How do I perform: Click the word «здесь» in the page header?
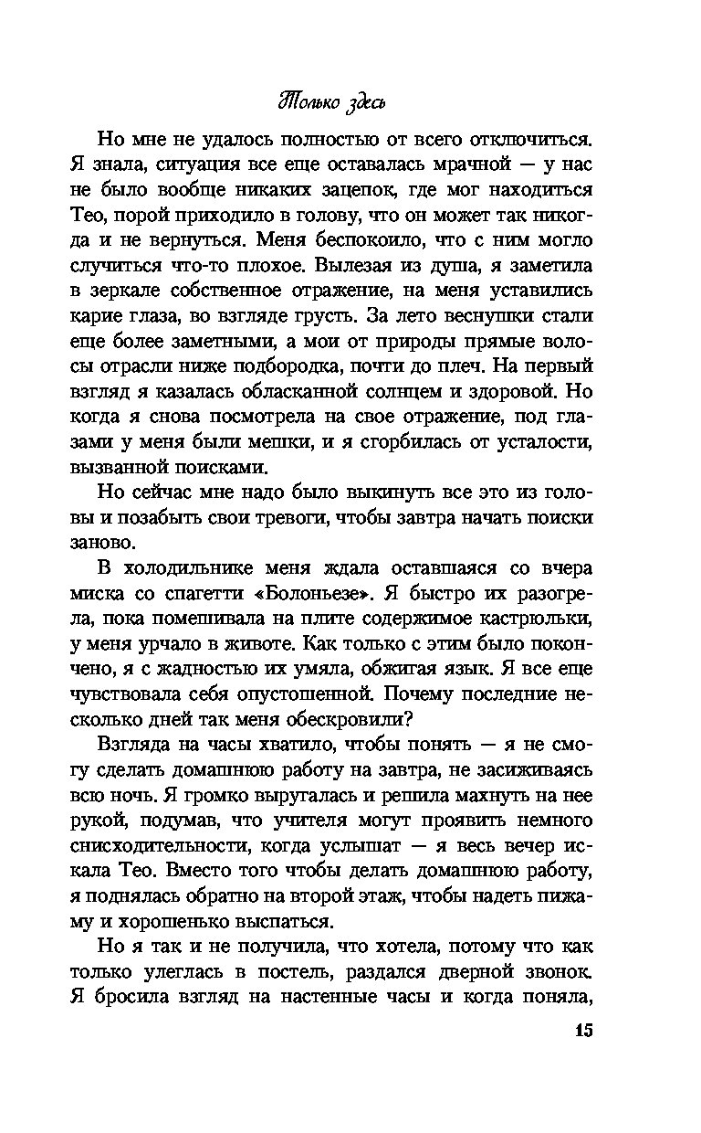click(x=359, y=99)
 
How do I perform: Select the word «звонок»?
click(x=556, y=969)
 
